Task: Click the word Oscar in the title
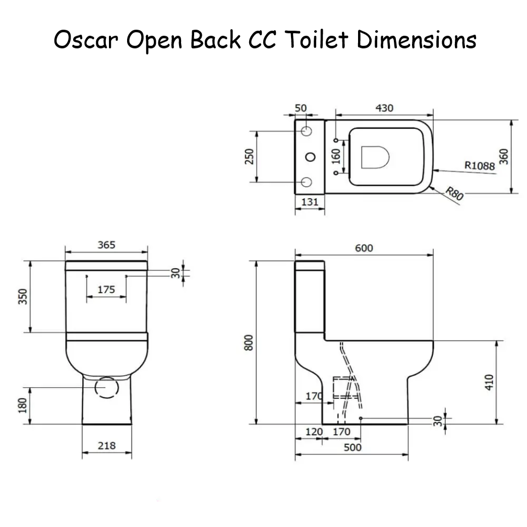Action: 85,40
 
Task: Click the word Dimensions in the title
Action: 417,40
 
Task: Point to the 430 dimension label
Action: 384,108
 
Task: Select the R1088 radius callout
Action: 479,165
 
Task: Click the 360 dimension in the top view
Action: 503,156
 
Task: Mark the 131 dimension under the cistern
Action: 309,202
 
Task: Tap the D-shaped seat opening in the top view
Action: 375,157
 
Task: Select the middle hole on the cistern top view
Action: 307,156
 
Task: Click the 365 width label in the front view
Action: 106,245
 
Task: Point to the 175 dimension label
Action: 106,289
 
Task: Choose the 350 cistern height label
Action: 22,297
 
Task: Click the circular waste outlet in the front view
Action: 106,387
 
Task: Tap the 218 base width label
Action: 106,445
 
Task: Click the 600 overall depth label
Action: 364,248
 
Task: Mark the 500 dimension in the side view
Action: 352,447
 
